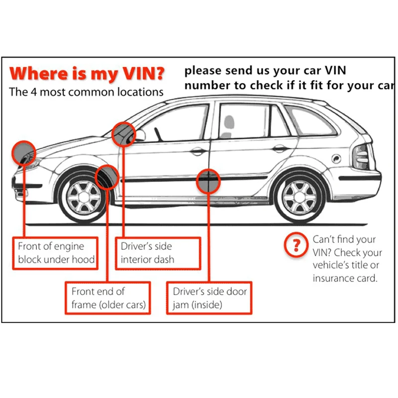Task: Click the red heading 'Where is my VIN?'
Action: pyautogui.click(x=87, y=74)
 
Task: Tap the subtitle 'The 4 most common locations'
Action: pyautogui.click(x=86, y=92)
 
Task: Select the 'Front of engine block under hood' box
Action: pyautogui.click(x=55, y=253)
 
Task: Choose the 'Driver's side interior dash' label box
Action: pyautogui.click(x=158, y=253)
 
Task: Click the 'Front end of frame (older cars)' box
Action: pyautogui.click(x=108, y=298)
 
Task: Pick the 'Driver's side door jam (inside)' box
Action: pyautogui.click(x=209, y=298)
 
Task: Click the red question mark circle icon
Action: pyautogui.click(x=296, y=245)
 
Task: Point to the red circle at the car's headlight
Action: pyautogui.click(x=24, y=153)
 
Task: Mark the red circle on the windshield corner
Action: pyautogui.click(x=124, y=134)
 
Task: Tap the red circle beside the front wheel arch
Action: pyautogui.click(x=107, y=177)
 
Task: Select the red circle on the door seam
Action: pyautogui.click(x=208, y=181)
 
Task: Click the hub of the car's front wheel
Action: pyautogui.click(x=84, y=197)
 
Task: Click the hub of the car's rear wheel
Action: pyautogui.click(x=299, y=197)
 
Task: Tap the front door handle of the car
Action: pyautogui.click(x=199, y=152)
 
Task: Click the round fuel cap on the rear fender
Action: pyautogui.click(x=336, y=159)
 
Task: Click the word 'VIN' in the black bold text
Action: pyautogui.click(x=335, y=71)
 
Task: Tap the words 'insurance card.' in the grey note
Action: pyautogui.click(x=345, y=278)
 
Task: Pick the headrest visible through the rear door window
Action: pyautogui.click(x=229, y=123)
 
